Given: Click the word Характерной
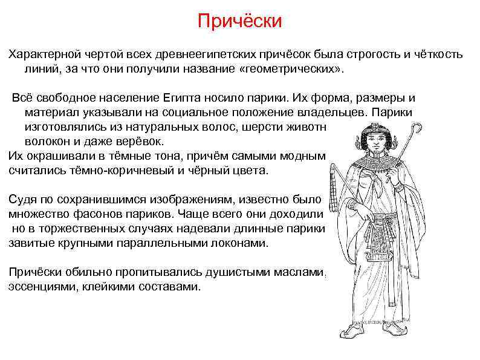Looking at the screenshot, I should coord(42,54).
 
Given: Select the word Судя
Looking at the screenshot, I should coord(21,200).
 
